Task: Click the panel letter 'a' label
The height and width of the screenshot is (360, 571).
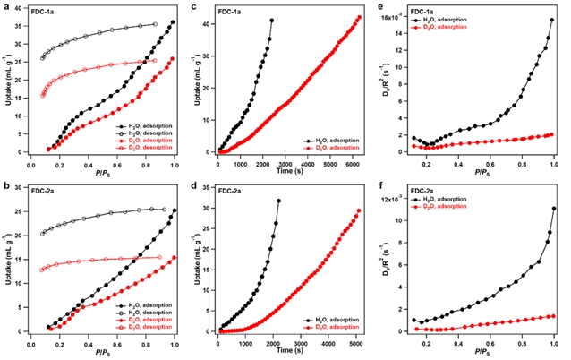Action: coord(5,7)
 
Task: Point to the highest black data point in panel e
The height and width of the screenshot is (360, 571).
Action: coord(552,20)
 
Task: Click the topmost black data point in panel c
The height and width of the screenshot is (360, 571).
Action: coord(271,21)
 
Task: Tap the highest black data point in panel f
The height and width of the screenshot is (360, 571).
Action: coord(554,209)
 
